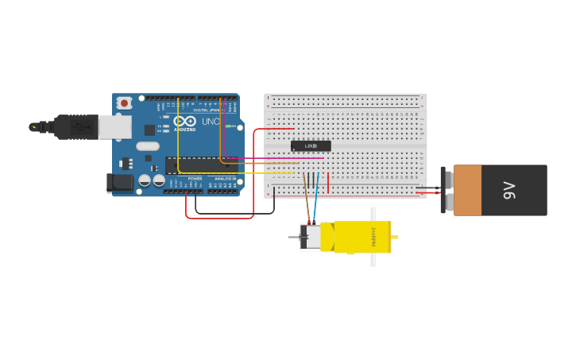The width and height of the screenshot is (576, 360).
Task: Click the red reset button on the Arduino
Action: (125, 103)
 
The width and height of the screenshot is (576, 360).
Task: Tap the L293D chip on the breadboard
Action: (311, 146)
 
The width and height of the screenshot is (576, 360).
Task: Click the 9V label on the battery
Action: (509, 190)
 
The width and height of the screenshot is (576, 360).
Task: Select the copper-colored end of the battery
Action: (467, 190)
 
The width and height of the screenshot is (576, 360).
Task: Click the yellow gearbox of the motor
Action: (361, 237)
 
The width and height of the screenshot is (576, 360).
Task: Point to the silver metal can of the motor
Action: (311, 237)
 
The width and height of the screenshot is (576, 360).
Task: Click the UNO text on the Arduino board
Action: (211, 122)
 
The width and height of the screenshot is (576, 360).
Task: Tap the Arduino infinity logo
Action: (185, 121)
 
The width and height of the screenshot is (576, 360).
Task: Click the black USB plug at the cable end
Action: (75, 126)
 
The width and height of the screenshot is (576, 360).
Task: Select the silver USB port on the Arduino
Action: (115, 127)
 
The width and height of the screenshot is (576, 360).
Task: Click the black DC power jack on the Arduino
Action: (120, 183)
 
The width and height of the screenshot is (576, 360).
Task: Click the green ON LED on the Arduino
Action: (229, 126)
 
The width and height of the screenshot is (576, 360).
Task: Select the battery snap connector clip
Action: (444, 190)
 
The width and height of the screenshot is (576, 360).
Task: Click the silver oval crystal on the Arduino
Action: (148, 146)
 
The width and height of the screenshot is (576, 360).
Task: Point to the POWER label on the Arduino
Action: (195, 179)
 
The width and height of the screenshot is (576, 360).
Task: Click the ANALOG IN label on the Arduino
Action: (224, 179)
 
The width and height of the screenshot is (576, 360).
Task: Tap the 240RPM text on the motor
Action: (373, 236)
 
